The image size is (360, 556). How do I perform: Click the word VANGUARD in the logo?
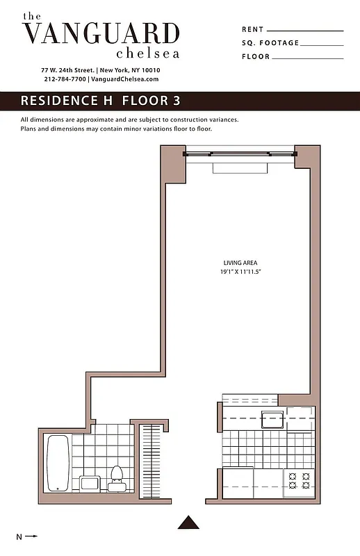101,33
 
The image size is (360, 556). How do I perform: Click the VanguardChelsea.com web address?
125,79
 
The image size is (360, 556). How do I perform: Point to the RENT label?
252,29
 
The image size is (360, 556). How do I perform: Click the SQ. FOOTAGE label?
270,43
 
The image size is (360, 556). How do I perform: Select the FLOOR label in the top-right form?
255,57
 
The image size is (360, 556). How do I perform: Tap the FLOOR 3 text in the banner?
151,101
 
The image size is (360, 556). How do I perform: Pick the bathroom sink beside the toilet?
91,482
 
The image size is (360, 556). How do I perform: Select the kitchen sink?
272,419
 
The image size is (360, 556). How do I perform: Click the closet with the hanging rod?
151,459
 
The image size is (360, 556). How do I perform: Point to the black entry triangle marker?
188,522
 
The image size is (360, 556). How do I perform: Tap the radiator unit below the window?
239,167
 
